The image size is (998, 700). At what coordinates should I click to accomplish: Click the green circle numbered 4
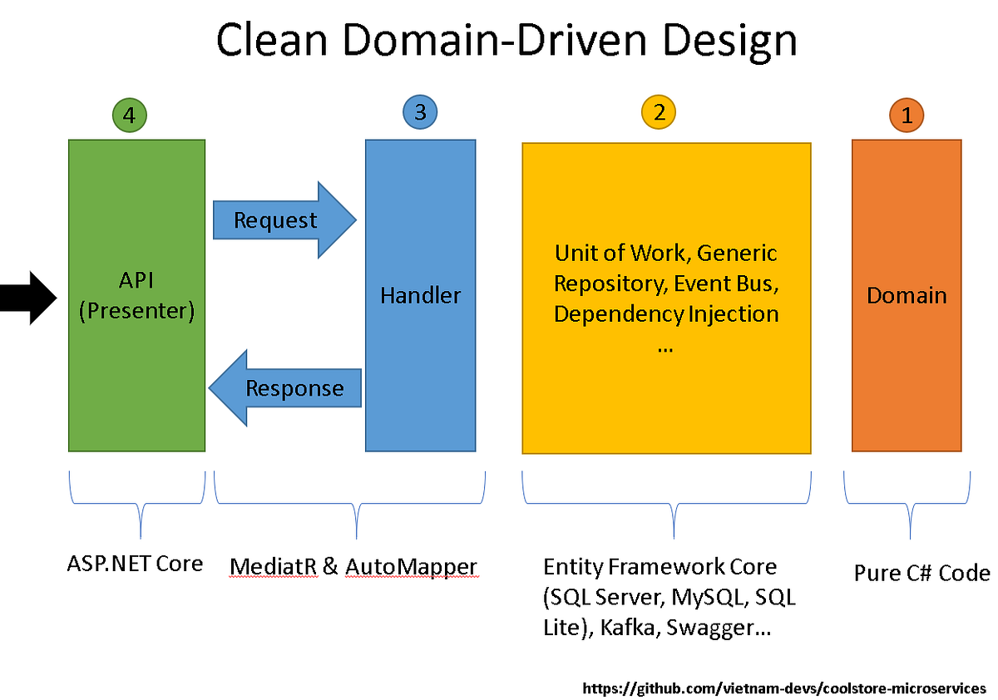tap(129, 116)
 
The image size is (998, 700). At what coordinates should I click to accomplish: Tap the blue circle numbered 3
tap(420, 112)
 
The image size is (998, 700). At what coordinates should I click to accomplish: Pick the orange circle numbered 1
tap(907, 116)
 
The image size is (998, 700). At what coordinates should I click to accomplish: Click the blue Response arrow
tap(287, 388)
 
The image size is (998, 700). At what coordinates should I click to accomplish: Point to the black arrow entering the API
tap(25, 297)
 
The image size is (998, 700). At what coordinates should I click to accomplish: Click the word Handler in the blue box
tap(420, 295)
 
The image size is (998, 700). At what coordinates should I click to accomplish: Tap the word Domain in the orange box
tap(907, 295)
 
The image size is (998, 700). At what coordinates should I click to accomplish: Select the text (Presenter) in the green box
tap(136, 312)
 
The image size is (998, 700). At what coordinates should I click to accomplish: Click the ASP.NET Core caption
tap(135, 564)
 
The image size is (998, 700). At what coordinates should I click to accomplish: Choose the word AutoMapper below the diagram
tap(411, 567)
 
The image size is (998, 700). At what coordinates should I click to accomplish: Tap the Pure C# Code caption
tap(921, 573)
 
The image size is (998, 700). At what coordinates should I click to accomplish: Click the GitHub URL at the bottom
tap(784, 688)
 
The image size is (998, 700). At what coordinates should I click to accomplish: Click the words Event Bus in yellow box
tap(725, 283)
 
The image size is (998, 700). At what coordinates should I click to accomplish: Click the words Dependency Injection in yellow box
tap(666, 314)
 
